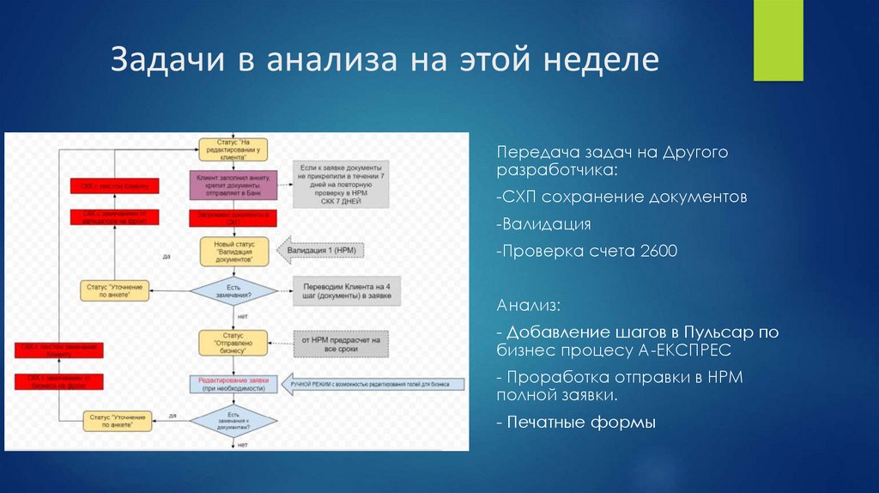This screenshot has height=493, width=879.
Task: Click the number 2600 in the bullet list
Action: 658,251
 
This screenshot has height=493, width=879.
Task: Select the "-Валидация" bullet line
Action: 544,224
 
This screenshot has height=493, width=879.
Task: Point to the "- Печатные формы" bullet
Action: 576,423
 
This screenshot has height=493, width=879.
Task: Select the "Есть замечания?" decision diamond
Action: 233,291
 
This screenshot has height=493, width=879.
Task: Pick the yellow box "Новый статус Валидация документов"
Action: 233,251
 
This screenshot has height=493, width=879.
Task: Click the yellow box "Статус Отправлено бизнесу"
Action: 233,343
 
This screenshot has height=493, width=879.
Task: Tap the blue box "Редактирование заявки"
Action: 233,382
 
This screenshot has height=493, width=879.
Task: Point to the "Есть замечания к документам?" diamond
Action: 233,421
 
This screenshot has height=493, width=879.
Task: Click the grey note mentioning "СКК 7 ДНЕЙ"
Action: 340,183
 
